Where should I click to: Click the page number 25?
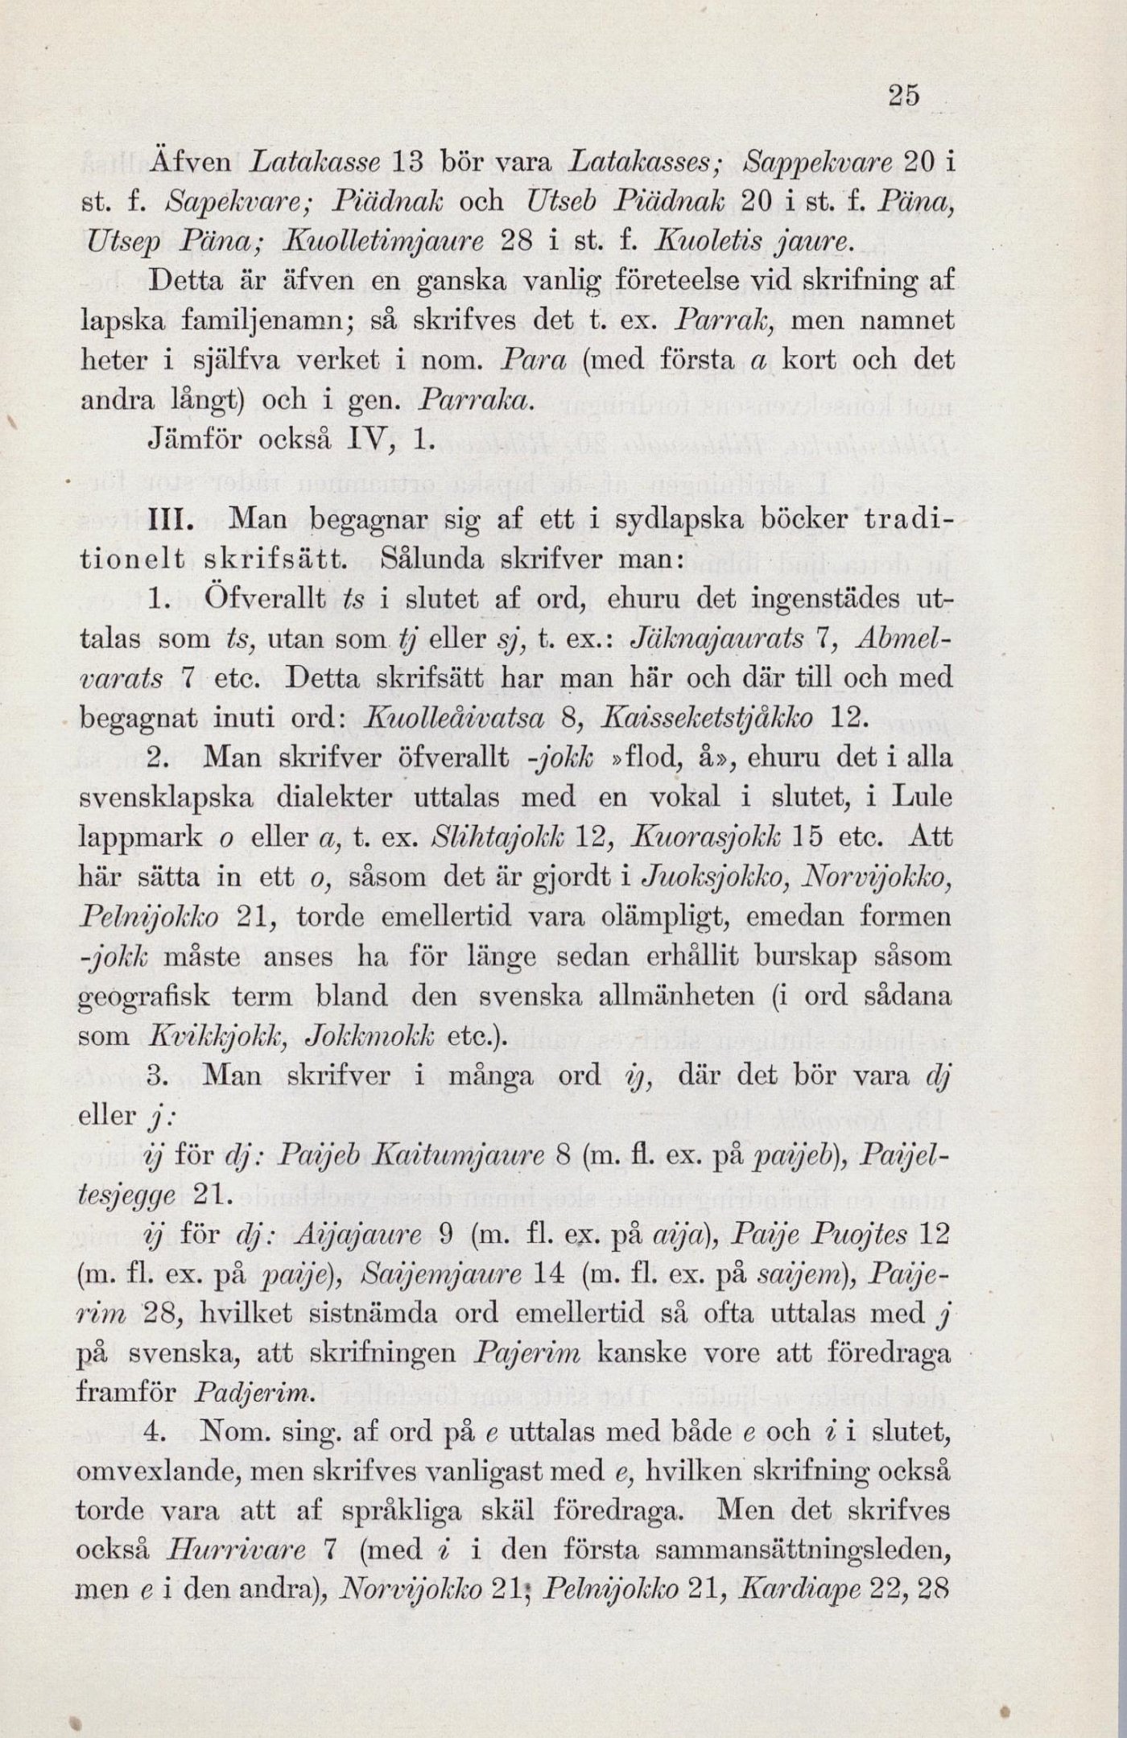(903, 95)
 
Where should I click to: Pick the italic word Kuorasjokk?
(703, 837)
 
